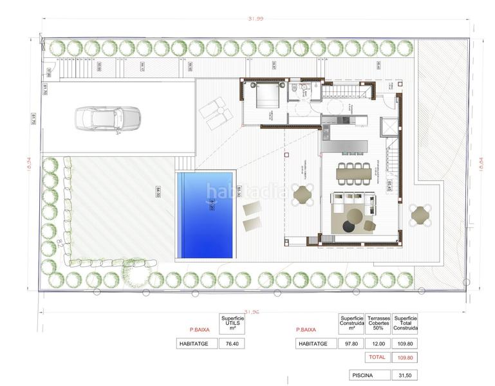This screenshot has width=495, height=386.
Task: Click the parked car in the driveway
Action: [x=109, y=118]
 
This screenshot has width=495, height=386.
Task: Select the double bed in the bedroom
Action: [x=266, y=98]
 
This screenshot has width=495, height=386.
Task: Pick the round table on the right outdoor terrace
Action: [x=421, y=214]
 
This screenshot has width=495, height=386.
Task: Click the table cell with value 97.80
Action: [x=350, y=344]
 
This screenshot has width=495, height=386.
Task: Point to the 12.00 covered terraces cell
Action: [x=378, y=344]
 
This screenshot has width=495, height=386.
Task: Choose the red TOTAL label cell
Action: [x=378, y=356]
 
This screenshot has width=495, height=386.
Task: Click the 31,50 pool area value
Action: [x=405, y=374]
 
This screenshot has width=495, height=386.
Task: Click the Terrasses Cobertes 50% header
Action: [x=378, y=323]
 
